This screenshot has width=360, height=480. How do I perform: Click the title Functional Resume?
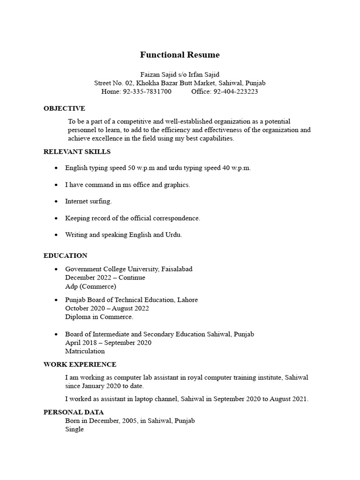pos(180,55)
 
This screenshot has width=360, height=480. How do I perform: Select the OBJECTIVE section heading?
pos(64,108)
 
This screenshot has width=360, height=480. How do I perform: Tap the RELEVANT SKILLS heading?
pos(77,151)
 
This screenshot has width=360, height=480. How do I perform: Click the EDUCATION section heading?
pos(65,255)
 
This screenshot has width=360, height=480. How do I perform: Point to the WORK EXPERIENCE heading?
pos(80,364)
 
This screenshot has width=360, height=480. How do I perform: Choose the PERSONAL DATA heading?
pos(72,412)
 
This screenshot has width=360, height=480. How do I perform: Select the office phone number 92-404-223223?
pos(235,91)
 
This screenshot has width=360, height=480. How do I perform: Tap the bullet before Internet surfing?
pos(56,202)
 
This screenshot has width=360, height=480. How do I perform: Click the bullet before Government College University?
pos(56,270)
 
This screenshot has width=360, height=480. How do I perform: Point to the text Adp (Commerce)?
pos(90,286)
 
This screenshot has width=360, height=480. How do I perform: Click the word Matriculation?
pos(85,351)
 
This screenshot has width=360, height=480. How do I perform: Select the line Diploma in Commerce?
pos(99,317)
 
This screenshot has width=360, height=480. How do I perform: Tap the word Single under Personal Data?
pos(75,429)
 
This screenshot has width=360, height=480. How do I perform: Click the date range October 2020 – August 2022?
pos(107,308)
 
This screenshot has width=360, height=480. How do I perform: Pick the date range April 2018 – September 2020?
pos(108,343)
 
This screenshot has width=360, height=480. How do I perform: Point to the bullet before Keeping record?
pos(56,218)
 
